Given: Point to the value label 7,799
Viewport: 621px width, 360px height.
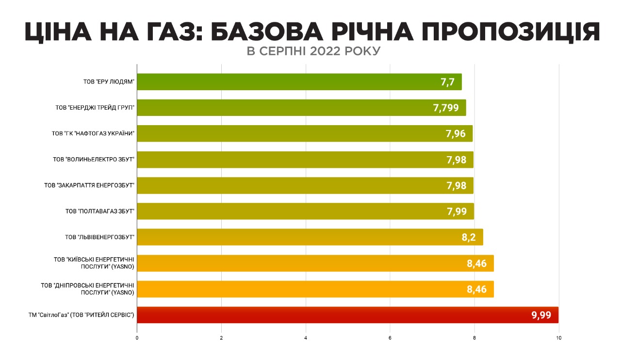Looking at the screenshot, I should click(x=446, y=108).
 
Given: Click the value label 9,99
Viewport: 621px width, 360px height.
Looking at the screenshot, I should click(x=541, y=315).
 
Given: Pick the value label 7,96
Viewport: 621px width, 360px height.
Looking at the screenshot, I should click(x=456, y=133).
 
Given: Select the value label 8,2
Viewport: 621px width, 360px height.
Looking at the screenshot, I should click(x=468, y=237).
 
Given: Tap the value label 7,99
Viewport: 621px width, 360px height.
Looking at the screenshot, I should click(x=457, y=211).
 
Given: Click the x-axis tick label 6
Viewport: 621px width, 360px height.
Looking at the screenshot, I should click(x=390, y=338).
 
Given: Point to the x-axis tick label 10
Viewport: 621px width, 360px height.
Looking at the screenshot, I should click(x=559, y=338).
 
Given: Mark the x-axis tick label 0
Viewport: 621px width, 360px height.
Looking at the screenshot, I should click(x=137, y=338).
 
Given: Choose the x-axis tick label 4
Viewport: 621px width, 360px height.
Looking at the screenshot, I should click(x=306, y=338).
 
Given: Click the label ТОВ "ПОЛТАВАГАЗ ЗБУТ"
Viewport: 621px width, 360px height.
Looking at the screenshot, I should click(x=99, y=211).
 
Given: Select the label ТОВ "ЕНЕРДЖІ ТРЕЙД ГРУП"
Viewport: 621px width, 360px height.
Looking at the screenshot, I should click(x=95, y=108).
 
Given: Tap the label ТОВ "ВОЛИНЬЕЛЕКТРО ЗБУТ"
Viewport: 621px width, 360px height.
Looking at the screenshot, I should click(x=93, y=159).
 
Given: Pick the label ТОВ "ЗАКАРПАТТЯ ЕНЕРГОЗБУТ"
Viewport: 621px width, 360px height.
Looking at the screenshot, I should click(x=89, y=185).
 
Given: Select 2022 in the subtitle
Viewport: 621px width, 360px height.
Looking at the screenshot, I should click(x=326, y=51).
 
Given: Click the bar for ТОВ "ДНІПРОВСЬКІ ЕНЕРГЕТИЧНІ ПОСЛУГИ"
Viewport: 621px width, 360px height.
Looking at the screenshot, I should click(x=315, y=289).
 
